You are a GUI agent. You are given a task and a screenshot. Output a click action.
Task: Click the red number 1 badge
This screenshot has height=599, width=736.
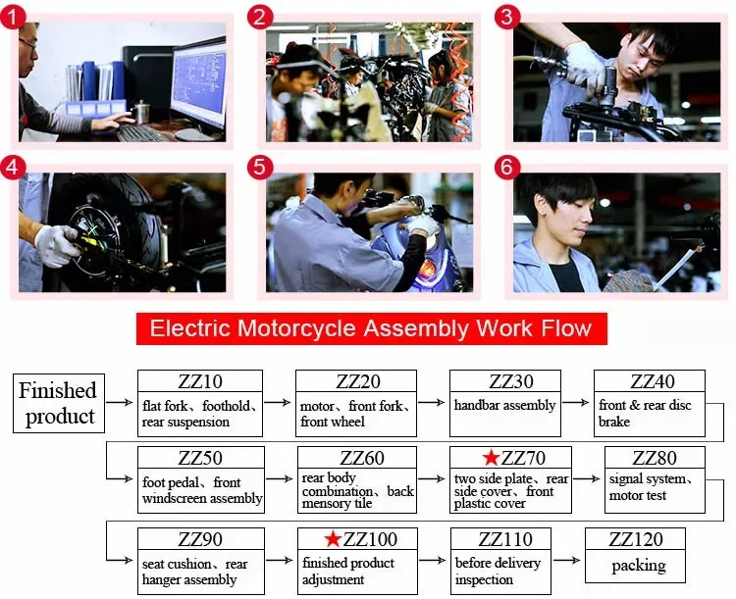pyautogui.click(x=13, y=17)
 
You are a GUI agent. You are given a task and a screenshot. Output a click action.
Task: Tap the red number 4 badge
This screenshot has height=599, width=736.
pyautogui.click(x=13, y=167)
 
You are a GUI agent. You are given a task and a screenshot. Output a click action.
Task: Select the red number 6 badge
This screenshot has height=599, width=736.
pyautogui.click(x=507, y=167)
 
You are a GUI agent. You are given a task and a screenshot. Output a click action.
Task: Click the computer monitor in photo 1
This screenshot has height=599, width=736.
pyautogui.click(x=198, y=84)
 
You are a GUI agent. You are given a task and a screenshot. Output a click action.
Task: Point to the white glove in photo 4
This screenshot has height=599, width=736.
pyautogui.click(x=56, y=245)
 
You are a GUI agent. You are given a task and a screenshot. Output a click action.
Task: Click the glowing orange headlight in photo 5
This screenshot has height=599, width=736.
pyautogui.click(x=427, y=270)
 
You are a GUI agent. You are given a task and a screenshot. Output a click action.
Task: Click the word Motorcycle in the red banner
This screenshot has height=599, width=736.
pyautogui.click(x=298, y=328)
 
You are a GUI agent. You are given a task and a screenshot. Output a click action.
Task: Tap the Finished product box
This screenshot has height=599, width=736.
pyautogui.click(x=59, y=403)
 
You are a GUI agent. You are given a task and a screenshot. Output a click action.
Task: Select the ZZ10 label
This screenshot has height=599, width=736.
pyautogui.click(x=200, y=381)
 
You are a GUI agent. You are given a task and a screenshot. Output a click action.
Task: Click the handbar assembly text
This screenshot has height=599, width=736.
pyautogui.click(x=504, y=405)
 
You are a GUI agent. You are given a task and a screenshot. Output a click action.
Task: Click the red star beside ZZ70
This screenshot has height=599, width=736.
pyautogui.click(x=491, y=458)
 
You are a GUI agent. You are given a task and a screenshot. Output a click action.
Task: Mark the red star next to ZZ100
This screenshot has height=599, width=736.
pyautogui.click(x=333, y=539)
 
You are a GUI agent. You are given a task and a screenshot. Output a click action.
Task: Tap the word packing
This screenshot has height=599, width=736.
pyautogui.click(x=639, y=567)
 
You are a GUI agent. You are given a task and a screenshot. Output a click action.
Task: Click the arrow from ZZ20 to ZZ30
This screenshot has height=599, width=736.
pyautogui.click(x=432, y=402)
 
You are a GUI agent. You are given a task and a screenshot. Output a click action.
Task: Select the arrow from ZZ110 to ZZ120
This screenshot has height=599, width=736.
pyautogui.click(x=567, y=560)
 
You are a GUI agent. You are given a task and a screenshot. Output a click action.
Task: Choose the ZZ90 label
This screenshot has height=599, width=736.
pyautogui.click(x=200, y=539)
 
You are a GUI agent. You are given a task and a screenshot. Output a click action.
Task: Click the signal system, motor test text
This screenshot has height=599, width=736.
pyautogui.click(x=651, y=487)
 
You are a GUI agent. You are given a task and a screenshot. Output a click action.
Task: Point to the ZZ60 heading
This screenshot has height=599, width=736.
pyautogui.click(x=362, y=458)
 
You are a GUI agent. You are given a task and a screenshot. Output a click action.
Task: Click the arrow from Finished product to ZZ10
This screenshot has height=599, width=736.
pyautogui.click(x=120, y=402)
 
